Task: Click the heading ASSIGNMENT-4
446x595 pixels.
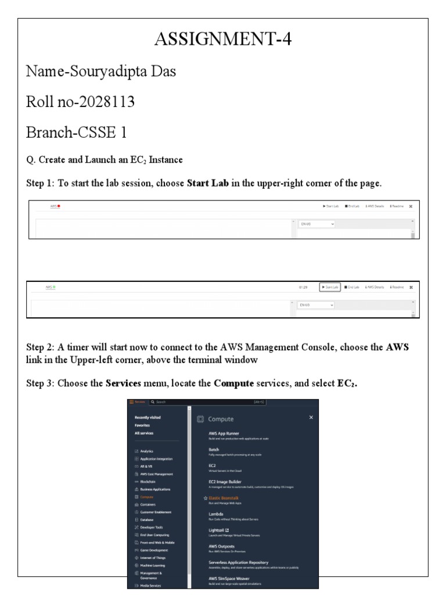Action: pyautogui.click(x=222, y=40)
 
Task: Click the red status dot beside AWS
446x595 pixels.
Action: pyautogui.click(x=59, y=206)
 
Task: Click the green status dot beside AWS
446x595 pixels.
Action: pyautogui.click(x=55, y=287)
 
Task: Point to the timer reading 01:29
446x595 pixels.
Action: pyautogui.click(x=303, y=287)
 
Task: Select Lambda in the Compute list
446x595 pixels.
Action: pyautogui.click(x=216, y=514)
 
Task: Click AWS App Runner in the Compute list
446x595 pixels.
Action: pyautogui.click(x=224, y=433)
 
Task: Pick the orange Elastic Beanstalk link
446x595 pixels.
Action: pyautogui.click(x=224, y=498)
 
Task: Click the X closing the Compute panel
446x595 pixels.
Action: pyautogui.click(x=311, y=417)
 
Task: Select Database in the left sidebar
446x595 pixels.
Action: pyautogui.click(x=147, y=519)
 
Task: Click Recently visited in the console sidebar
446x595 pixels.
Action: pyautogui.click(x=148, y=417)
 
